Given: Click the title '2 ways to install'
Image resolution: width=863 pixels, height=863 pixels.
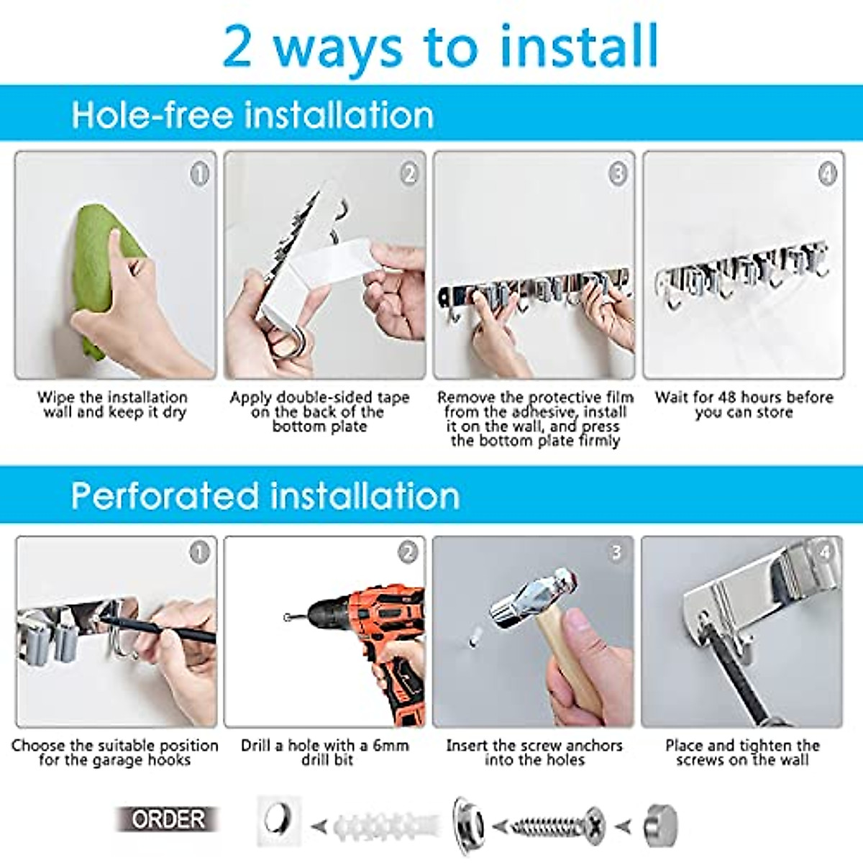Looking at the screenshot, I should click(440, 47).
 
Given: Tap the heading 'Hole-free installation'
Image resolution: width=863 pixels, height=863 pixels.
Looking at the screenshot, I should click(252, 115).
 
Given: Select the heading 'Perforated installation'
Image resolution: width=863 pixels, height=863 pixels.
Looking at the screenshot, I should click(265, 496).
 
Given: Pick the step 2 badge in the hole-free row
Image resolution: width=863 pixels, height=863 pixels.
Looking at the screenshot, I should click(408, 173).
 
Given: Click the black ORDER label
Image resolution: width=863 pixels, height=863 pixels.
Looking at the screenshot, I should click(168, 819).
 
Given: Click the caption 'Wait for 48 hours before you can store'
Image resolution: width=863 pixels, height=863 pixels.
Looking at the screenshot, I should click(744, 405).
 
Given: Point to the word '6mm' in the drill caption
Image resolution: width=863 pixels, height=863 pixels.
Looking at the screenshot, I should click(391, 746).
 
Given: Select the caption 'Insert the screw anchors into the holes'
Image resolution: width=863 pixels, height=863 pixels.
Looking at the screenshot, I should click(534, 753).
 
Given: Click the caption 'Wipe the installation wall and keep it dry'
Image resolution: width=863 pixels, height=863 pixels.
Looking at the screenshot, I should click(113, 405).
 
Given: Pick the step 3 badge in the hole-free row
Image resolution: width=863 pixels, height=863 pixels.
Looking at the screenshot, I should click(618, 173).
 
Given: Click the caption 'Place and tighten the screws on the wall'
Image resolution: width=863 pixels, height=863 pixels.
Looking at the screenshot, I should click(742, 753).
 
